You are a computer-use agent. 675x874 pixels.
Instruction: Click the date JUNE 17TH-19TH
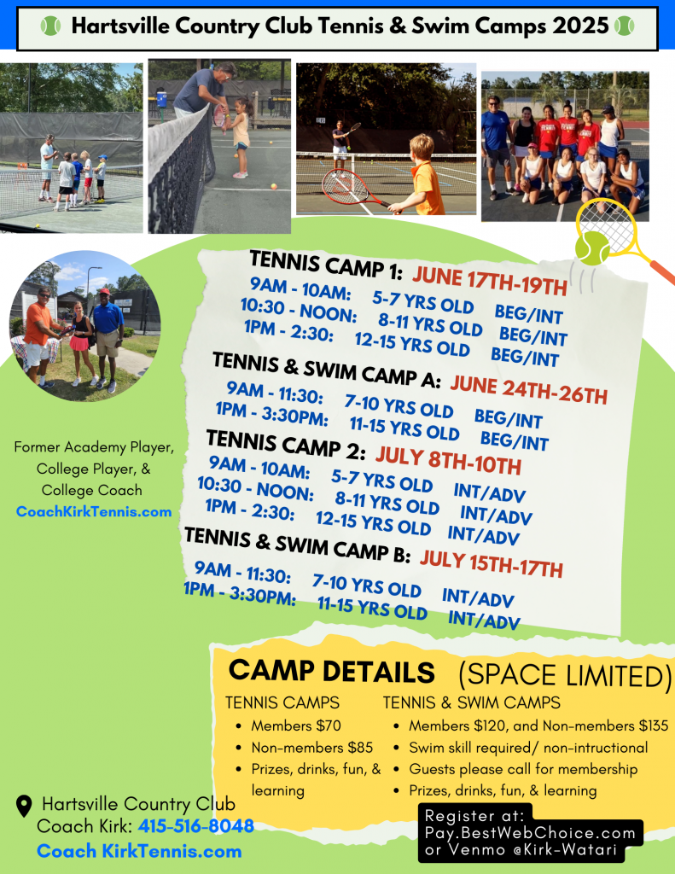click(490, 280)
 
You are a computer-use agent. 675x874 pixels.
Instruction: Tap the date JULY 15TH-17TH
click(491, 564)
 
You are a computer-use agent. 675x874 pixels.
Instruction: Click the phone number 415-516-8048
click(195, 825)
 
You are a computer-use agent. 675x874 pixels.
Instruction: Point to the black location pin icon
click(23, 806)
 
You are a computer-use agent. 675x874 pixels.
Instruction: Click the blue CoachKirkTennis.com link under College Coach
click(94, 512)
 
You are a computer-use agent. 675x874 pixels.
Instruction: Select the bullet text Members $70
click(296, 725)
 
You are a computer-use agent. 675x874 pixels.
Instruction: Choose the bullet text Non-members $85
click(311, 748)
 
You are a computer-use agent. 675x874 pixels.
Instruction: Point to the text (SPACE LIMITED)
click(565, 676)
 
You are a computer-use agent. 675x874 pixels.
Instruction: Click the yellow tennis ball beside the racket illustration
click(592, 248)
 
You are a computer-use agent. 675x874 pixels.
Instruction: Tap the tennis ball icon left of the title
click(50, 26)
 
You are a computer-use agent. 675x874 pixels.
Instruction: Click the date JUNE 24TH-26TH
click(529, 389)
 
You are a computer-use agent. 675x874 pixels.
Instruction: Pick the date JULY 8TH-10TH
click(448, 461)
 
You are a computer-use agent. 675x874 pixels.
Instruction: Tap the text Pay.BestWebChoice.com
click(530, 833)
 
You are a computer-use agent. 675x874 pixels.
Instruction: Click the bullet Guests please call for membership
click(523, 769)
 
